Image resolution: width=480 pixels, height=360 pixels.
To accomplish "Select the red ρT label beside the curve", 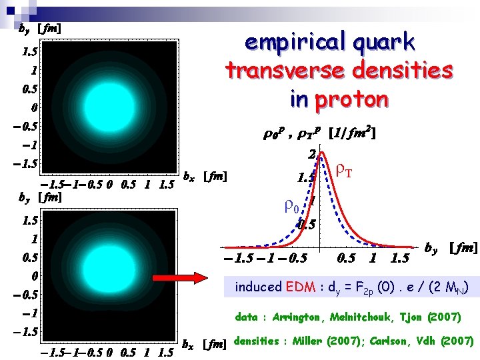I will click(347, 171).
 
